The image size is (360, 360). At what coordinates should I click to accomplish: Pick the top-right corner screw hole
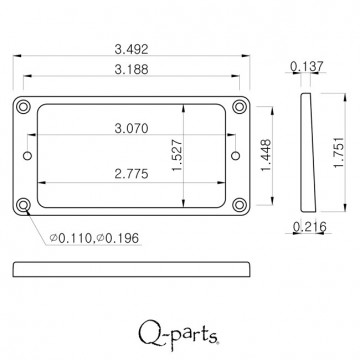click(x=239, y=105)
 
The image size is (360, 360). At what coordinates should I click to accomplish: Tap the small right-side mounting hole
click(x=236, y=155)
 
